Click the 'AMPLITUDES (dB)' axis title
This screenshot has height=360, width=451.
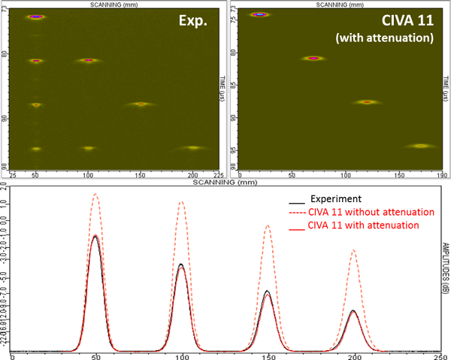coord(443,279)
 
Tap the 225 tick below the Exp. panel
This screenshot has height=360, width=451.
coord(222,175)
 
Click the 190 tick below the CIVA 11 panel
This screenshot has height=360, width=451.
coord(444,175)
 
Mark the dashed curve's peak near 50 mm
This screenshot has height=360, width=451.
coord(95,194)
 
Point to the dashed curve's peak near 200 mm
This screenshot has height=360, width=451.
coord(353,250)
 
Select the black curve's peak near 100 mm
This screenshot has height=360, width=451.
coord(181,264)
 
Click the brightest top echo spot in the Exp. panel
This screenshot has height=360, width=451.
coord(35,17)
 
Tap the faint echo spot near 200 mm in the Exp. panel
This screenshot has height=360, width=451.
coord(193,148)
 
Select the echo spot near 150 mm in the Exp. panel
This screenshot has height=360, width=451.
coord(141,104)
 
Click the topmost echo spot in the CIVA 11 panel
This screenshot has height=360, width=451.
coord(260,14)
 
